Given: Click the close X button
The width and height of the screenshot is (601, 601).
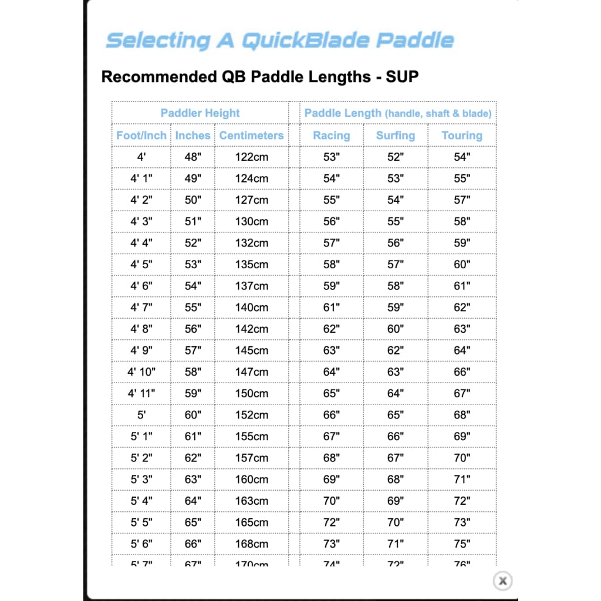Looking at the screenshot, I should pos(502,580).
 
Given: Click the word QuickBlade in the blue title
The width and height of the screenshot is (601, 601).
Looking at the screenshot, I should pos(305,40).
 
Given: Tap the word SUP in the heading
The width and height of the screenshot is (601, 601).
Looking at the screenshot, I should pos(402,77).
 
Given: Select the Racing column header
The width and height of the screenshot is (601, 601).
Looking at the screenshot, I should pos(331,136).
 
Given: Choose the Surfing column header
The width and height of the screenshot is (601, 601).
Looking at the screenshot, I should pos(396,136).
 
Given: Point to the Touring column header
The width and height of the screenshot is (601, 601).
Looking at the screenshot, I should pos(462,136).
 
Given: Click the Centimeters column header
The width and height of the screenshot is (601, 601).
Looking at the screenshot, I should pos(251,136).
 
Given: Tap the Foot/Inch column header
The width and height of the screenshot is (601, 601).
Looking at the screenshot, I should pos(141,136).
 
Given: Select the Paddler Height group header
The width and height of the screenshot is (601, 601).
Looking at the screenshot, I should pos(200,113).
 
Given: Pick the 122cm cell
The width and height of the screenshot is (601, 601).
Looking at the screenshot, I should pos(251,157).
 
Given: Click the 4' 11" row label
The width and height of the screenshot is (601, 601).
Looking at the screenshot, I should pos(141,393).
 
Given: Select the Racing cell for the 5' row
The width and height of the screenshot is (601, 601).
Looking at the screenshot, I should pos(331,415).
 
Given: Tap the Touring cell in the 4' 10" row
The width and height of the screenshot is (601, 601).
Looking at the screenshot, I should pos(462,372).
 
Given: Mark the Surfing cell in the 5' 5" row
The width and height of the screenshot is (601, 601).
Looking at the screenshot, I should pos(396,522).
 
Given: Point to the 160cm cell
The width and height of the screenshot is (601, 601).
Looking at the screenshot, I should pos(251,480).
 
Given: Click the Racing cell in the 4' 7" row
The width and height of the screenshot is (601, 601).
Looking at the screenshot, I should pos(331,307).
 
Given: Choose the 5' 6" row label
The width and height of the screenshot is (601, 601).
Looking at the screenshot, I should pos(141,544).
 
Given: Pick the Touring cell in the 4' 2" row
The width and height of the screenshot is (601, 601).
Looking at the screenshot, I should pos(462,200).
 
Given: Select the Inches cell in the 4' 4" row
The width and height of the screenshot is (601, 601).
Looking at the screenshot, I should pos(193,242).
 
